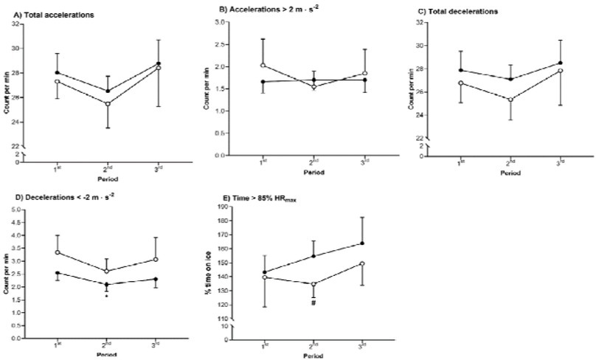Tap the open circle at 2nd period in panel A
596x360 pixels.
click(x=108, y=103)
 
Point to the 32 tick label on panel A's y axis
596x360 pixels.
click(x=15, y=24)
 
